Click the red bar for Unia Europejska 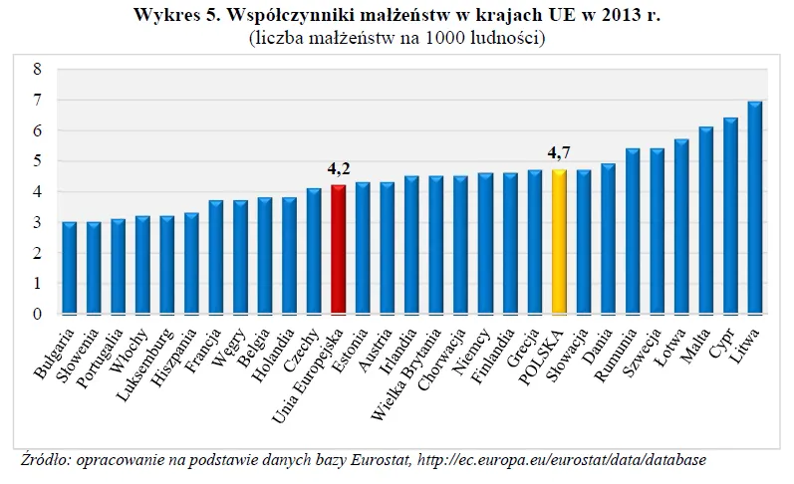(x=339, y=250)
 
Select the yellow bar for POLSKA (x=559, y=242)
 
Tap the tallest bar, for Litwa (x=754, y=208)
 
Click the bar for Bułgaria (x=70, y=268)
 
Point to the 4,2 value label (x=340, y=168)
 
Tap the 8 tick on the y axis (x=37, y=69)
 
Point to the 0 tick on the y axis (x=37, y=315)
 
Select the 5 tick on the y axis (x=37, y=161)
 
